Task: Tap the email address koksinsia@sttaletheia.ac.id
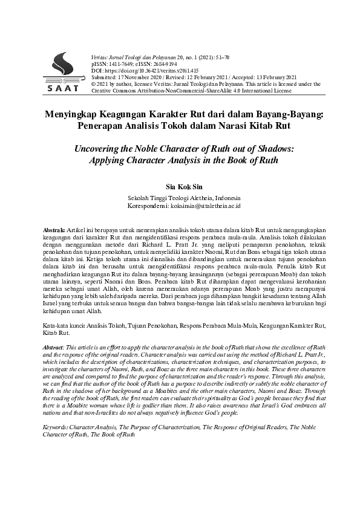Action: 204,206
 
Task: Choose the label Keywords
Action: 59,427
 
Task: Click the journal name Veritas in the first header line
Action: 100,55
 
